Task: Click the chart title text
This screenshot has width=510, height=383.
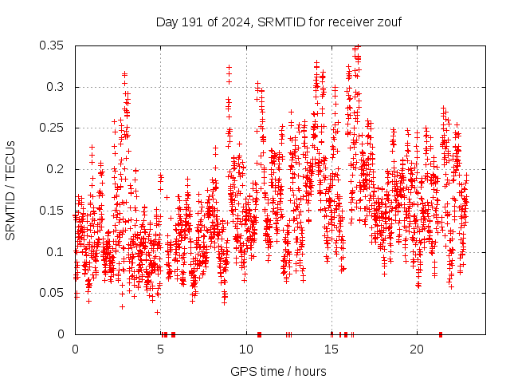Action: pyautogui.click(x=278, y=22)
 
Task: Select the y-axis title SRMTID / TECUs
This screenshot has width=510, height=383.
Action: pyautogui.click(x=10, y=190)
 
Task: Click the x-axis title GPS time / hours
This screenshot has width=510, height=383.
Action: pyautogui.click(x=278, y=371)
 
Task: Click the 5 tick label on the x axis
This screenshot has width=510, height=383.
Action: pyautogui.click(x=160, y=349)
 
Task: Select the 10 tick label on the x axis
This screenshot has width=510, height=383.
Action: pyautogui.click(x=245, y=349)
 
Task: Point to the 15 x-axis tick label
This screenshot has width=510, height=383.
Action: pyautogui.click(x=331, y=349)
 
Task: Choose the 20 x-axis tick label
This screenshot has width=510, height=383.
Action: pyautogui.click(x=416, y=349)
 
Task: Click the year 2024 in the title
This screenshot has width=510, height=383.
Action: pyautogui.click(x=233, y=22)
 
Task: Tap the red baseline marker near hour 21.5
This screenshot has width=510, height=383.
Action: pyautogui.click(x=441, y=334)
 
